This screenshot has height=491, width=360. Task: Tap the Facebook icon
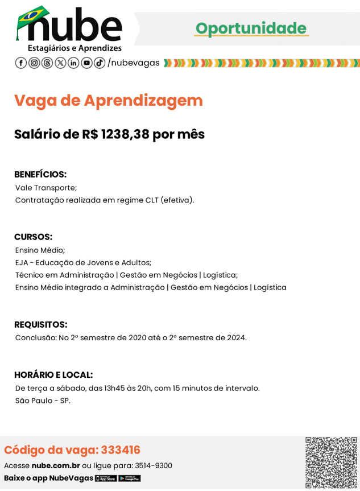pyautogui.click(x=20, y=63)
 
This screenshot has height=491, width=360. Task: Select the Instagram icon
pyautogui.click(x=34, y=63)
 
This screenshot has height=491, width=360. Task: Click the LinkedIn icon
pyautogui.click(x=74, y=63)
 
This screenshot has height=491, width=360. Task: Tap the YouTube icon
pyautogui.click(x=86, y=63)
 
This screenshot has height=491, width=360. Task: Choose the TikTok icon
pyautogui.click(x=100, y=63)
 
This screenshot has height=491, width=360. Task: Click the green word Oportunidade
pyautogui.click(x=251, y=28)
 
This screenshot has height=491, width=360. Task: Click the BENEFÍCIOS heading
pyautogui.click(x=40, y=174)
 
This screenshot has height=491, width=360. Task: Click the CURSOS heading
pyautogui.click(x=33, y=237)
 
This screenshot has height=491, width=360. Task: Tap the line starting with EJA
pyautogui.click(x=83, y=262)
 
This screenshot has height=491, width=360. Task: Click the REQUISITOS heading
pyautogui.click(x=41, y=324)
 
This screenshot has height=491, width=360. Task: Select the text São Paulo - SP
pyautogui.click(x=43, y=401)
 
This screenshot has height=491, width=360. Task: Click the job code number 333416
pyautogui.click(x=121, y=450)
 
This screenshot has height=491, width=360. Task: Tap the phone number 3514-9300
pyautogui.click(x=153, y=465)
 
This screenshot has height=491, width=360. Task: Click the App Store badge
pyautogui.click(x=106, y=478)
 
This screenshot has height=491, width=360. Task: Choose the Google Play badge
pyautogui.click(x=130, y=478)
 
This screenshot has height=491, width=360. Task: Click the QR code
pyautogui.click(x=331, y=463)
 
